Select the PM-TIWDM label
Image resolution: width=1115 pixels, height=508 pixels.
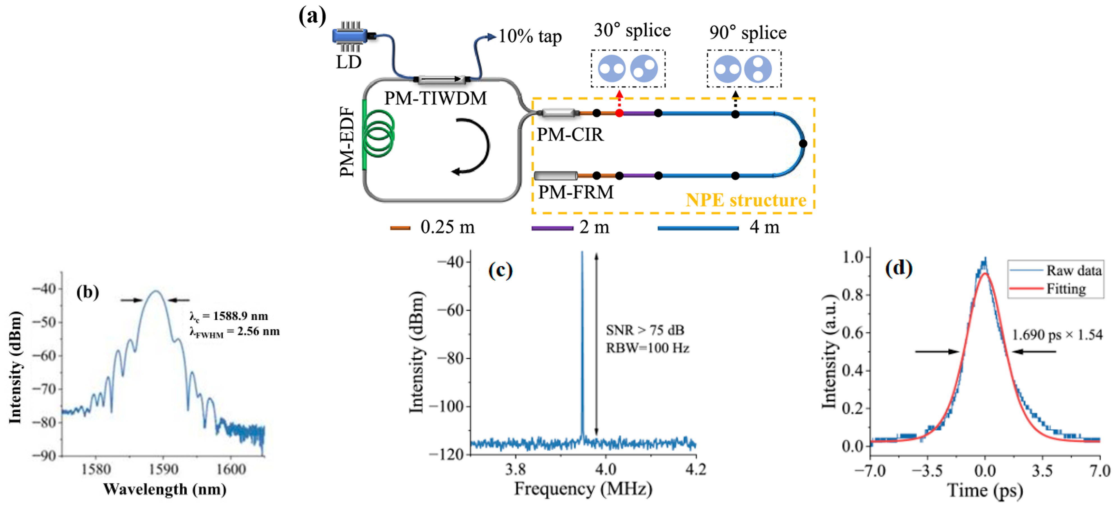[x=435, y=98]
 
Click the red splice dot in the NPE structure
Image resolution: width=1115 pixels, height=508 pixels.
[x=619, y=113]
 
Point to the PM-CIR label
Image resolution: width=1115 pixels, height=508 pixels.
[x=570, y=135]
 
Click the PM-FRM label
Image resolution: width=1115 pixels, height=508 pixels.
[x=575, y=192]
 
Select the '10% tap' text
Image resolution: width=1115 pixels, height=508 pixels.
[x=530, y=36]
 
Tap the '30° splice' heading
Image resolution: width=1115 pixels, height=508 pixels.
[x=632, y=30]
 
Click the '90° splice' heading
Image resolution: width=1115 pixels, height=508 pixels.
[x=748, y=33]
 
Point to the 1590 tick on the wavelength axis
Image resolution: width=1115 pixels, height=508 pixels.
[x=163, y=469]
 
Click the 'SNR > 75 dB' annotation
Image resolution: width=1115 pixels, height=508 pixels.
[x=645, y=330]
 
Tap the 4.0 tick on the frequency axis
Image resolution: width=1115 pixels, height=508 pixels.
[x=606, y=469]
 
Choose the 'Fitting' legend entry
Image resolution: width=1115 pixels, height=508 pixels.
[x=1066, y=289]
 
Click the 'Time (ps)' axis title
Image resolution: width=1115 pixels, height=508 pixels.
[x=985, y=491]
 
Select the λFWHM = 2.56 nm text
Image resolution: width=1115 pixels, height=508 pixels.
[x=234, y=332]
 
